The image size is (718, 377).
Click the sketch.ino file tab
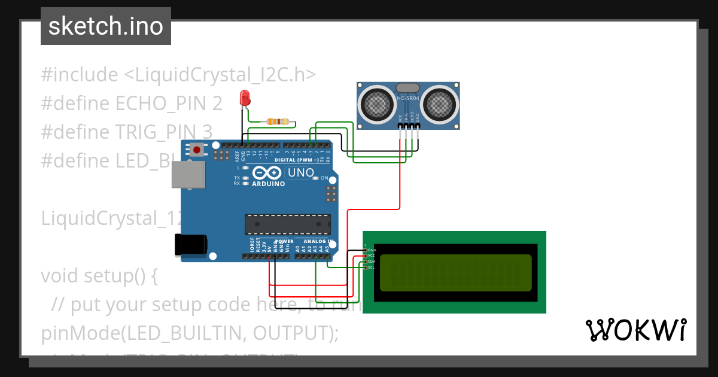click(x=105, y=26)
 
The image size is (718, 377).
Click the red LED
click(x=244, y=98)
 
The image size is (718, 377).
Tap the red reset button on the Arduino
click(x=197, y=150)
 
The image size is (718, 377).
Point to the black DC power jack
click(x=190, y=245)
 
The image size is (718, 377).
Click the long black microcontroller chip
click(x=287, y=224)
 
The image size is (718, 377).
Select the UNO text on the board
click(x=301, y=173)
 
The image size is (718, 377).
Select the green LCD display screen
click(x=455, y=273)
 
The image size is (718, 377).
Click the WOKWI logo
click(x=635, y=330)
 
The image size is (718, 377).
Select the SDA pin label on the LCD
click(x=371, y=262)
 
